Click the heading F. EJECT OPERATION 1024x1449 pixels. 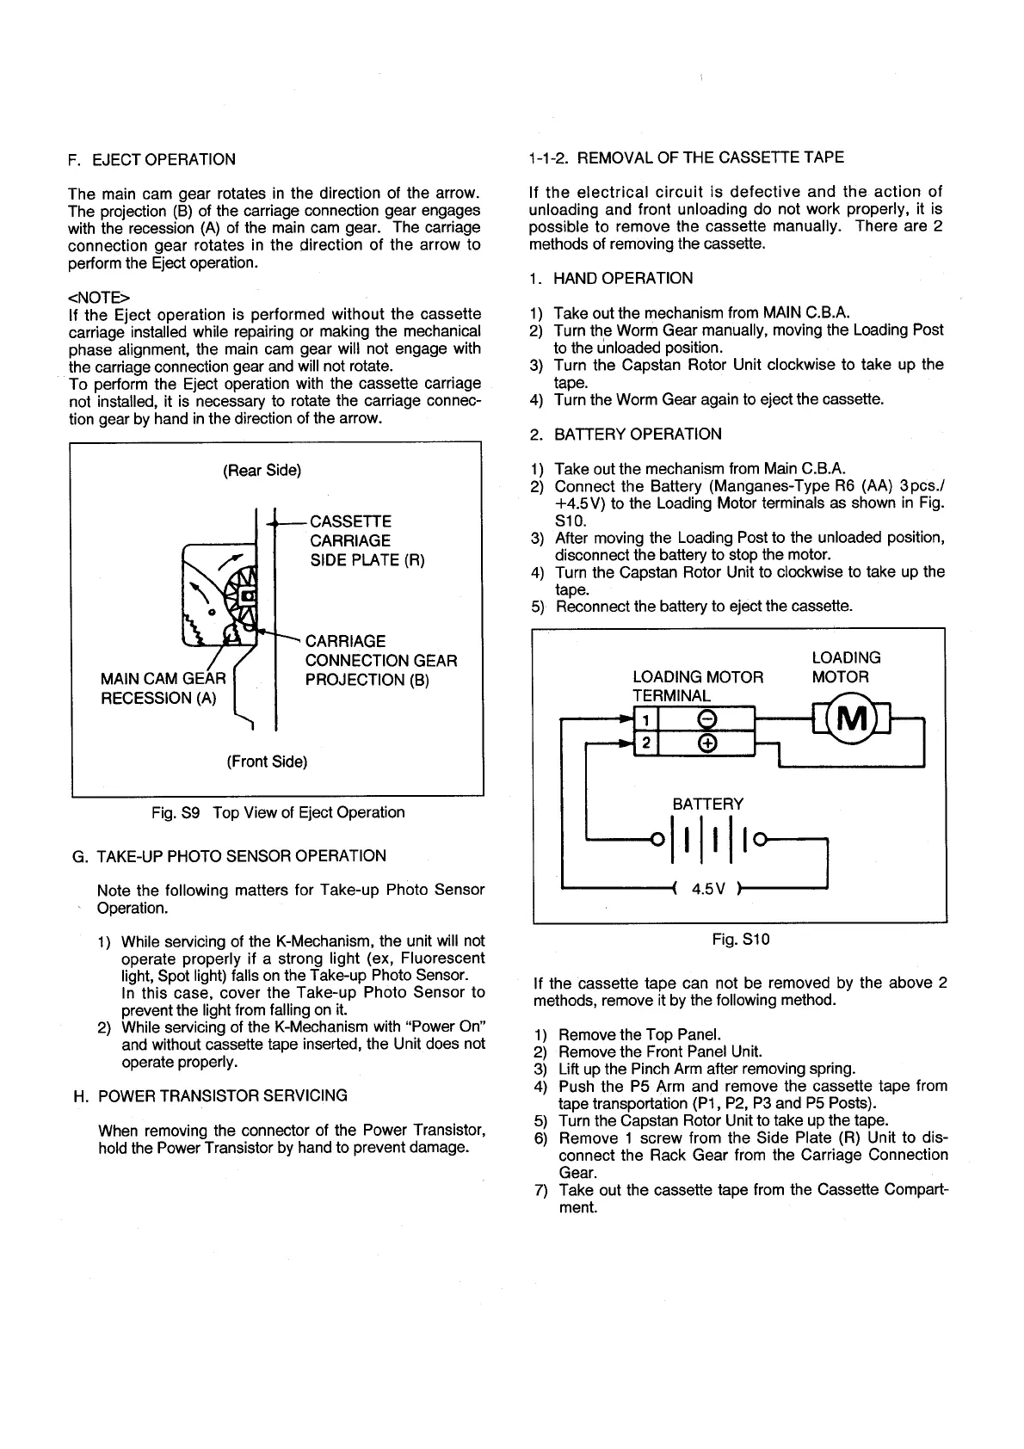coord(151,159)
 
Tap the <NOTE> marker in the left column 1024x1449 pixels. coord(94,297)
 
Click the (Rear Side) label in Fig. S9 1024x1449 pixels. coord(262,471)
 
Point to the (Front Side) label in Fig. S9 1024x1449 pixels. coord(267,761)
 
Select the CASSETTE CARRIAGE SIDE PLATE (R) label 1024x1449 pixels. coord(367,540)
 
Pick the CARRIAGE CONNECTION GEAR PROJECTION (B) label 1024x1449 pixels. coord(380,660)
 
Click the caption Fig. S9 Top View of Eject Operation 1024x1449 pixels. coord(277,812)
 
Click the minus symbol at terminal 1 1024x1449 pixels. coord(704,718)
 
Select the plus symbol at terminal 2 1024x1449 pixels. coord(704,743)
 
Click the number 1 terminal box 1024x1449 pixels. coord(645,718)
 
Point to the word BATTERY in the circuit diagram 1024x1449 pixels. coord(707,804)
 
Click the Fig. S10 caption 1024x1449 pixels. coord(740,939)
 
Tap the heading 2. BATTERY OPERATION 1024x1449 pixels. coord(626,434)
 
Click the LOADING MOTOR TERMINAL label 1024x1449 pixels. coord(697,686)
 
